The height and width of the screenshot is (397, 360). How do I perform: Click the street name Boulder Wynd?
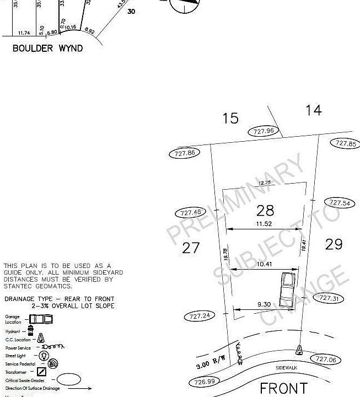[47, 48]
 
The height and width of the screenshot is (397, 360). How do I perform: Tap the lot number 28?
[265, 210]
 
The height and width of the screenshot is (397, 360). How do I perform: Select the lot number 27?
[191, 248]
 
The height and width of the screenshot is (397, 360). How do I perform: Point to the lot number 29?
[334, 244]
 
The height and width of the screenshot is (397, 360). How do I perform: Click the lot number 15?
[230, 118]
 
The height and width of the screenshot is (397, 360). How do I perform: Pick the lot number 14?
[313, 110]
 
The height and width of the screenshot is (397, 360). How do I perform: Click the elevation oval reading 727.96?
[264, 131]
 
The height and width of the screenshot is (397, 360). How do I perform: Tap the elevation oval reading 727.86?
[185, 153]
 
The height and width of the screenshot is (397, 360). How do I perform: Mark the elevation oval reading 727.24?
[198, 316]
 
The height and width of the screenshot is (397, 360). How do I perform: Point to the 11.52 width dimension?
[265, 224]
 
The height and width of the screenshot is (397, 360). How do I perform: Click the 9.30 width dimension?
[264, 304]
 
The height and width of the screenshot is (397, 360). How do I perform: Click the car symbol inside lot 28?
[287, 289]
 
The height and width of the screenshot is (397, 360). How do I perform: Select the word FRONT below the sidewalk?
[283, 388]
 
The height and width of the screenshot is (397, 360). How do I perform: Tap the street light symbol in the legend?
[43, 356]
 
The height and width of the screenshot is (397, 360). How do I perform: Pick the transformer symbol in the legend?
[42, 372]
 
